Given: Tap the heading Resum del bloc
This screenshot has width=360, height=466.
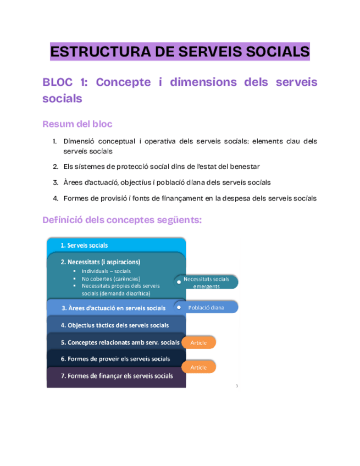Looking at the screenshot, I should pyautogui.click(x=77, y=124).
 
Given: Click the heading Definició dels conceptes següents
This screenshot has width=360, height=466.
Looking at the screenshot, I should pyautogui.click(x=122, y=220).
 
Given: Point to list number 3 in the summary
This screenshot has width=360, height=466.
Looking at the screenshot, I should pyautogui.click(x=56, y=182).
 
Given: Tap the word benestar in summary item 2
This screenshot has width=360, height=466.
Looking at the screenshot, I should pyautogui.click(x=241, y=166).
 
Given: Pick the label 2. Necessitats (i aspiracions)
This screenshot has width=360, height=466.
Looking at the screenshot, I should pyautogui.click(x=100, y=262).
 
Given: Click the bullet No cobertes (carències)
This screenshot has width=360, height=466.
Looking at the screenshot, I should pyautogui.click(x=110, y=279).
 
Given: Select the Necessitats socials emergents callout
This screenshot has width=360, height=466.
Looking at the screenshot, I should pyautogui.click(x=206, y=282).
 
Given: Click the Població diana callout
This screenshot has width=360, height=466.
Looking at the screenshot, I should pyautogui.click(x=206, y=308).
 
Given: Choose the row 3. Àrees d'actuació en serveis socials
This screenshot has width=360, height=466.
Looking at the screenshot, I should pyautogui.click(x=113, y=308).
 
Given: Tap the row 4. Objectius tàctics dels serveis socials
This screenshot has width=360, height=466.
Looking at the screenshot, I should pyautogui.click(x=114, y=325).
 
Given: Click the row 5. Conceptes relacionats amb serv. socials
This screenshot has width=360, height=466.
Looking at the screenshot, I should pyautogui.click(x=119, y=342).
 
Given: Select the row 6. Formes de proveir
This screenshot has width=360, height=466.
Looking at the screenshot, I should pyautogui.click(x=115, y=359).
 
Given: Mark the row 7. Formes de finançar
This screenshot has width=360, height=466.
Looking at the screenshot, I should pyautogui.click(x=117, y=376).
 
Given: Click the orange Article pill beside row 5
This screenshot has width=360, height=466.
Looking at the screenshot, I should pyautogui.click(x=198, y=342).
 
